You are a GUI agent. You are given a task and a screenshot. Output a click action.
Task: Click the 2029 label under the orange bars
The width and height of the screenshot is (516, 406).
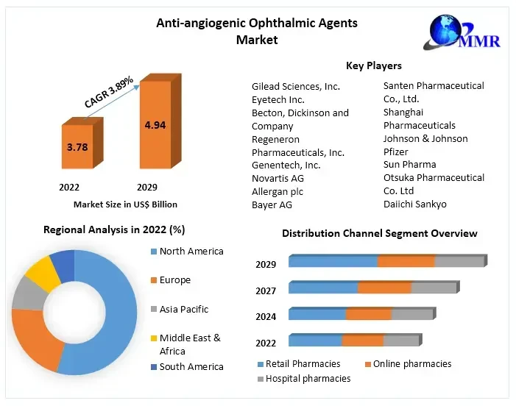[146, 188]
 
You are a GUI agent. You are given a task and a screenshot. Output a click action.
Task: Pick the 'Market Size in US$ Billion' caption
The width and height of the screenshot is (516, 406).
[125, 204]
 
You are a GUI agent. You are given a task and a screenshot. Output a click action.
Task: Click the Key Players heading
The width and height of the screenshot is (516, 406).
[373, 66]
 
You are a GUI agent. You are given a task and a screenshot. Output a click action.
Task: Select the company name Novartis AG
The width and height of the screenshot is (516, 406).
[278, 178]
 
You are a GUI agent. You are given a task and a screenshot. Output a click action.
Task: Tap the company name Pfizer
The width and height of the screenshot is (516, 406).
[396, 152]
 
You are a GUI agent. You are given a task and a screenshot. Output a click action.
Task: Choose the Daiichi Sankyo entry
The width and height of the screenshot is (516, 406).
[414, 204]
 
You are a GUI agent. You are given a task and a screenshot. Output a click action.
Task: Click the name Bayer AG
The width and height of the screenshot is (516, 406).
[272, 204]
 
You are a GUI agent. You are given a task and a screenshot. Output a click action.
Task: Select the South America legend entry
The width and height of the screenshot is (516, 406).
[191, 366]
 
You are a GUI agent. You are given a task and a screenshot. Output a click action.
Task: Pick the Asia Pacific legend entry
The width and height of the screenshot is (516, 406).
[183, 309]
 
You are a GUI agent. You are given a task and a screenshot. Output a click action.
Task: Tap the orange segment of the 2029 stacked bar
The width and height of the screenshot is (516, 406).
[406, 261]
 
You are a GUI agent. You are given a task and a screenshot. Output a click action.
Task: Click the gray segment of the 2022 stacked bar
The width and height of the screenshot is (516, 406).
[400, 341]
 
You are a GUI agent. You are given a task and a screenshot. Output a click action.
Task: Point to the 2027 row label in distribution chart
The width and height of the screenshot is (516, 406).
[266, 291]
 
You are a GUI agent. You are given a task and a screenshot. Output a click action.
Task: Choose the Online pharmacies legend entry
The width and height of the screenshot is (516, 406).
[411, 364]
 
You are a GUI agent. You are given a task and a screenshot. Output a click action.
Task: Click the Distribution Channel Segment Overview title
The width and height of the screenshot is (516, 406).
[379, 233]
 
